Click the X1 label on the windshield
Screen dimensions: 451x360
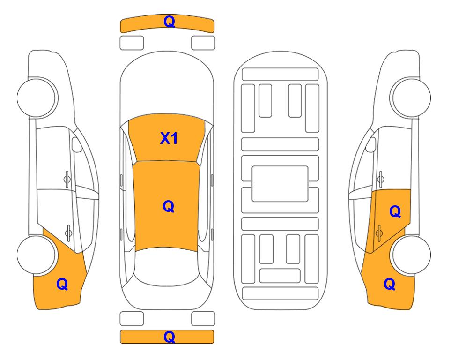tap(169, 138)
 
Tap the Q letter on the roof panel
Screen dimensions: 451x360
tap(168, 206)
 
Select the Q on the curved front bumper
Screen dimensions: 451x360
tap(169, 22)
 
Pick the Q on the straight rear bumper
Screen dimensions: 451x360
tap(169, 337)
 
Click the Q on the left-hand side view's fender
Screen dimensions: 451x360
tap(62, 284)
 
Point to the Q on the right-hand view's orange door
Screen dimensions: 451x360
tap(395, 212)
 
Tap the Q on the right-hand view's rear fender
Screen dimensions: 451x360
tap(390, 284)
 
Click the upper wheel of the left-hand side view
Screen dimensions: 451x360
tap(37, 97)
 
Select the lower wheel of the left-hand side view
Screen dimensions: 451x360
tap(37, 255)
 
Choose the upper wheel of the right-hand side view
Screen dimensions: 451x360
tap(411, 97)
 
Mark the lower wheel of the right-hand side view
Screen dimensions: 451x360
tap(411, 255)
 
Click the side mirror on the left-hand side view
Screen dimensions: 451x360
tap(76, 144)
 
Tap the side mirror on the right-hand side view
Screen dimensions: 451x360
tap(371, 144)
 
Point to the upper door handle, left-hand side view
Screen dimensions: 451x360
tap(67, 179)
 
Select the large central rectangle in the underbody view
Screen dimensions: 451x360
tap(280, 184)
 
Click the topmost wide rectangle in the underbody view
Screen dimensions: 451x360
tap(280, 75)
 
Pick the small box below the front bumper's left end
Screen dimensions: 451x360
tap(132, 43)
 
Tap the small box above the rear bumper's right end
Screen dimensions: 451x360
tap(203, 319)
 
